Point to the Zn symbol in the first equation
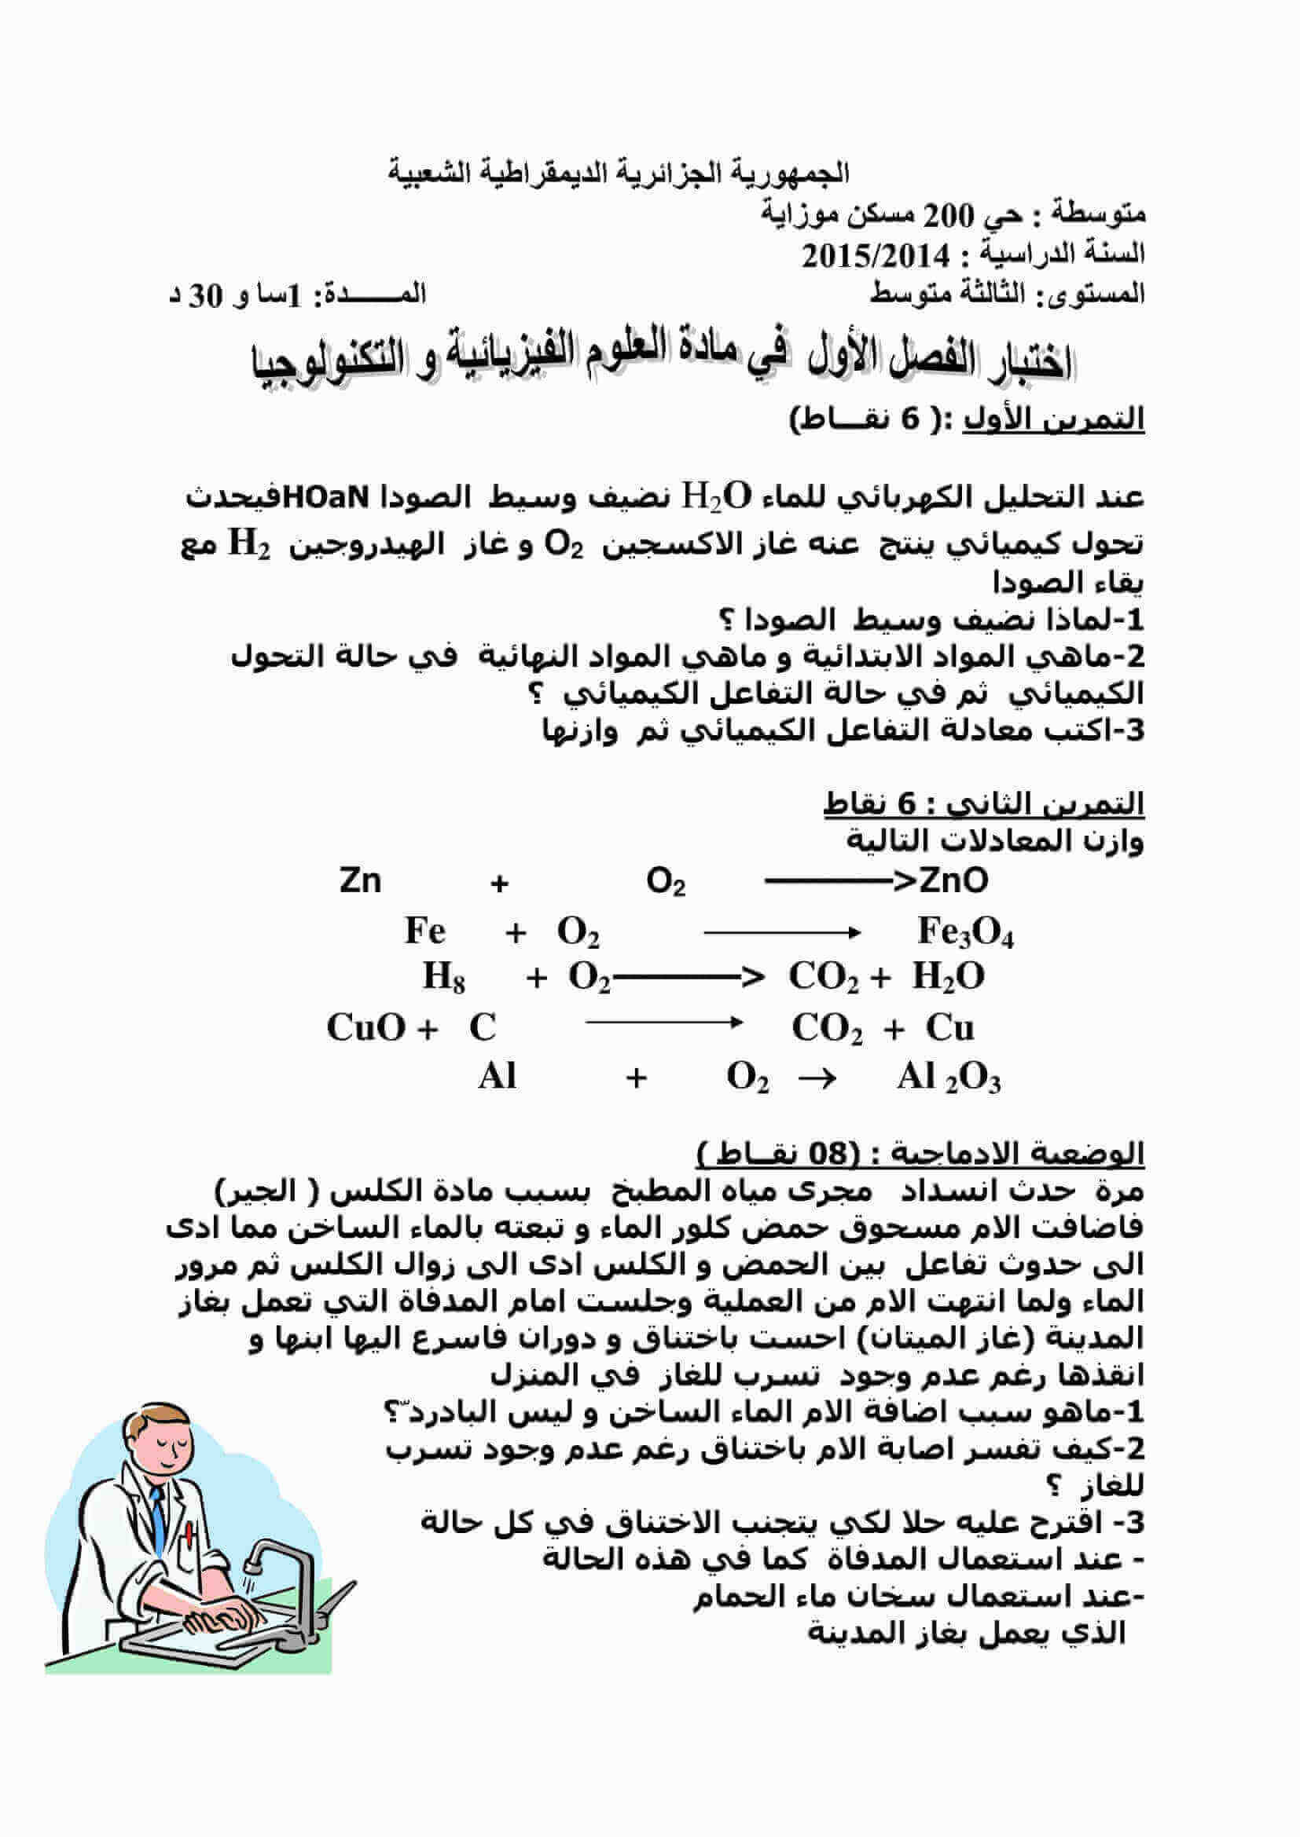pos(360,881)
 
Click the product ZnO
pos(953,881)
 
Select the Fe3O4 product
pos(964,931)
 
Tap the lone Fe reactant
pos(424,931)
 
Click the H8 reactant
pos(443,977)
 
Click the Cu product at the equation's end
pos(950,1027)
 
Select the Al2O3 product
pos(949,1078)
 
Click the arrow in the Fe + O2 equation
pos(781,932)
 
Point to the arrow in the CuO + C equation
pos(664,1023)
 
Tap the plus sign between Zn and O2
pos(500,884)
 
